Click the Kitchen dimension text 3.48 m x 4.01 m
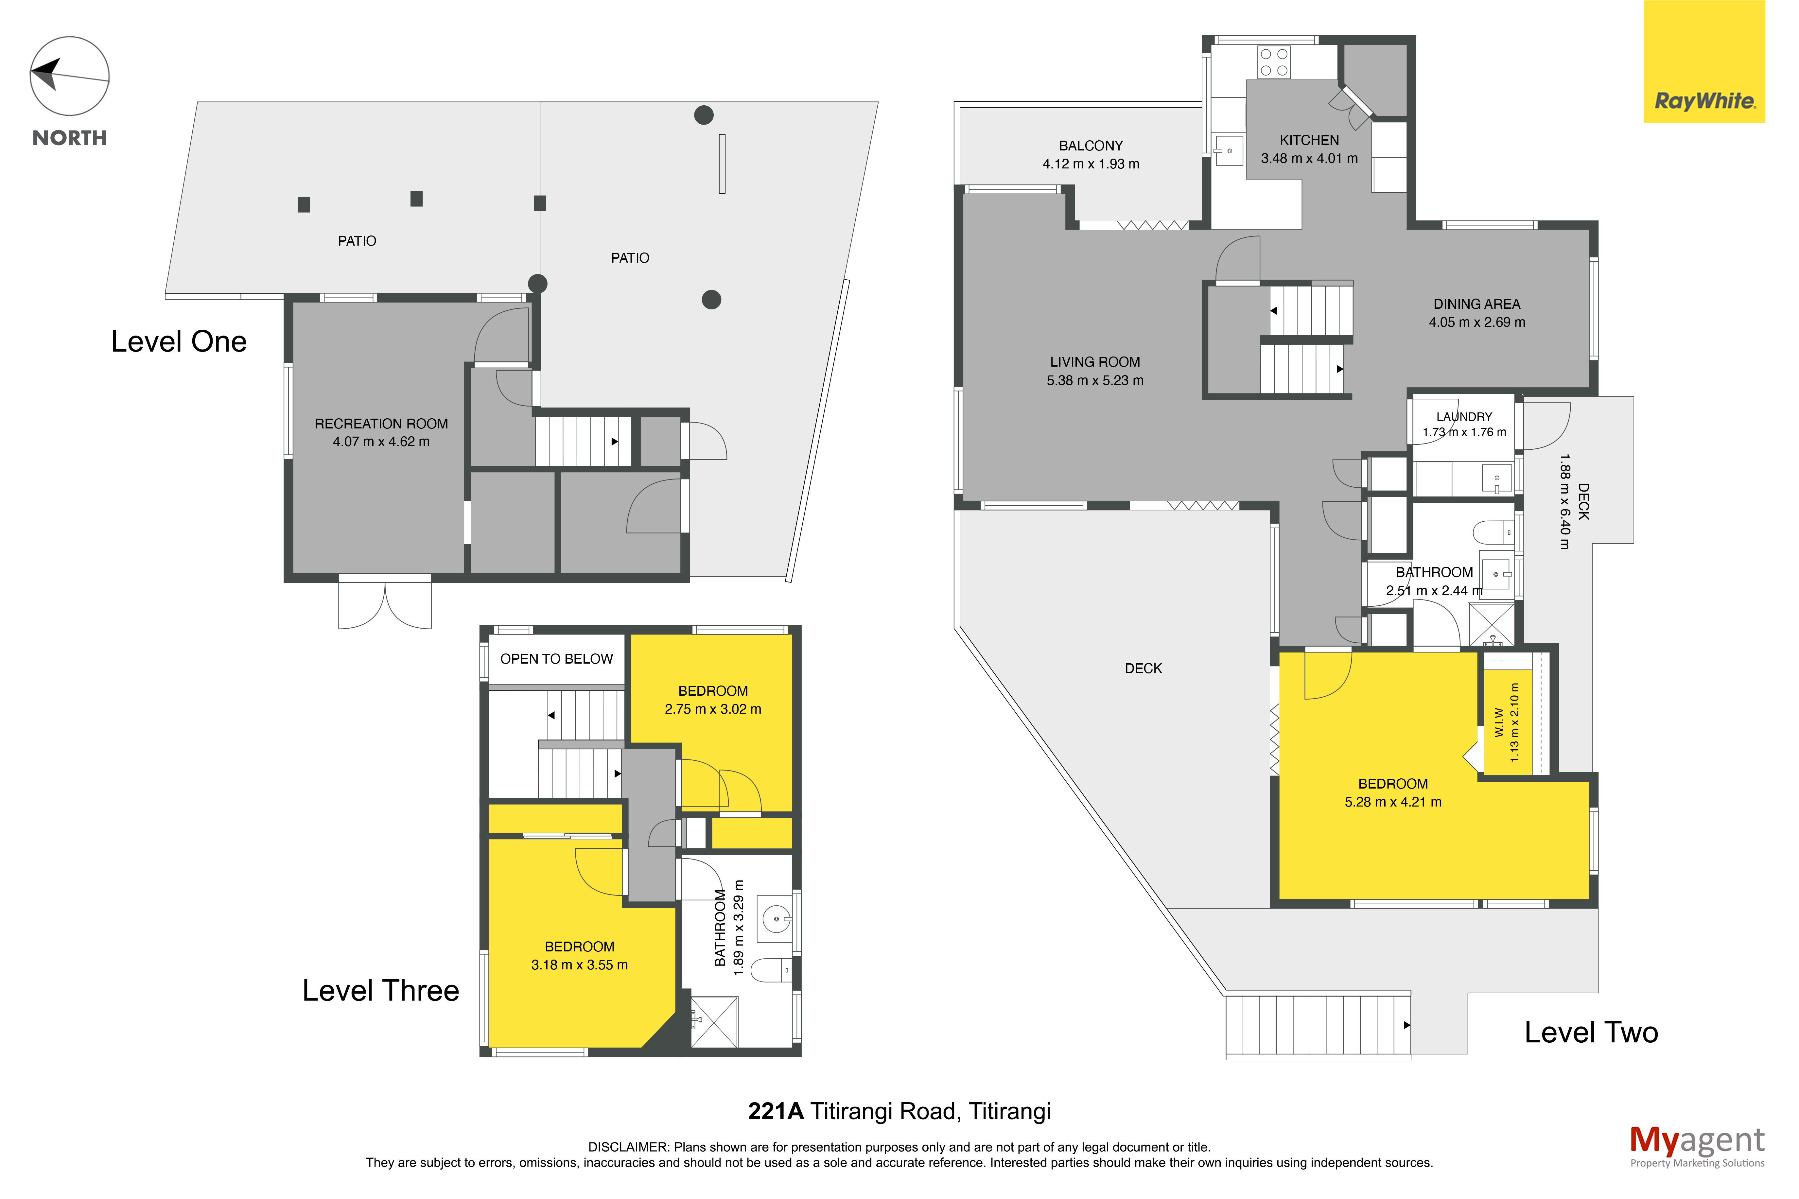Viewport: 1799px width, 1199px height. point(1309,158)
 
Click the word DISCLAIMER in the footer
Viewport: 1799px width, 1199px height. point(628,1147)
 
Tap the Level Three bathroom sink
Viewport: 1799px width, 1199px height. point(776,918)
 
